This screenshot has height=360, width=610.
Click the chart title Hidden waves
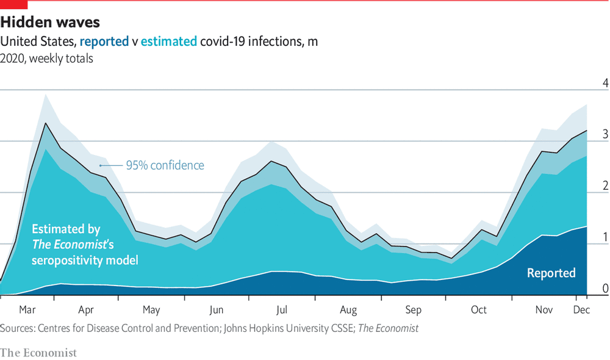click(x=50, y=23)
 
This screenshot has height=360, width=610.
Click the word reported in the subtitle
click(x=103, y=41)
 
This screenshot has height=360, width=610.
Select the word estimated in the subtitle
click(x=168, y=41)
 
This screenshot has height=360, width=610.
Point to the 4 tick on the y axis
click(x=605, y=83)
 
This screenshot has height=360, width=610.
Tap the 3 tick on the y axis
click(x=605, y=134)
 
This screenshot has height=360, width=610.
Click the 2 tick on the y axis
click(x=605, y=185)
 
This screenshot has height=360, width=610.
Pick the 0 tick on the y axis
click(x=605, y=288)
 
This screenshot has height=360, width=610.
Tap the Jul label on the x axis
click(x=282, y=309)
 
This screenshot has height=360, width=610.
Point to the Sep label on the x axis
click(x=413, y=309)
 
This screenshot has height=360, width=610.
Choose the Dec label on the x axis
click(x=581, y=309)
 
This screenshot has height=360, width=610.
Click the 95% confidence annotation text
click(x=165, y=165)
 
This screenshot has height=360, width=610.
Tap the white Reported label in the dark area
click(x=551, y=273)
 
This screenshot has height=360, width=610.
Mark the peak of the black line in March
click(x=45, y=123)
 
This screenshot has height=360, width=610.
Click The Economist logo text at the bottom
click(x=38, y=353)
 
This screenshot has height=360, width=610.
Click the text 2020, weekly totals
click(x=47, y=59)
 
